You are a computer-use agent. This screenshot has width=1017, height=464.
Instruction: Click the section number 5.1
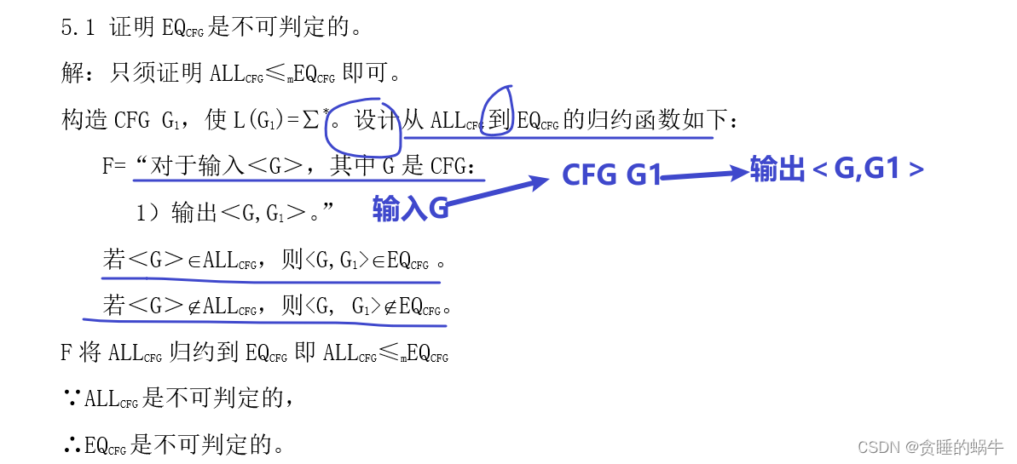[x=79, y=28]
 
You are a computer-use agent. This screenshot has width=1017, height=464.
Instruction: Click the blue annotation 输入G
[x=410, y=209]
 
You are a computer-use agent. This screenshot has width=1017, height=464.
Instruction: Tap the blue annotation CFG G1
[x=611, y=175]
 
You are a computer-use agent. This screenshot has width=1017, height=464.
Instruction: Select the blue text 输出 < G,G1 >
[x=836, y=170]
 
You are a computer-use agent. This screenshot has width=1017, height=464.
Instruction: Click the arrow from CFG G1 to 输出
[x=703, y=175]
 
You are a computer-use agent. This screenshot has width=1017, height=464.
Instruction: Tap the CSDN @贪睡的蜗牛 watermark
[x=930, y=448]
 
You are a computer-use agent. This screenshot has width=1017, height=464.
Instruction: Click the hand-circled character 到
[x=497, y=121]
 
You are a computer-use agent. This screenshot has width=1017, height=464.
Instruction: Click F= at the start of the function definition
[x=114, y=166]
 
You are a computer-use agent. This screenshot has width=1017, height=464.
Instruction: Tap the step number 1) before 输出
[x=148, y=214]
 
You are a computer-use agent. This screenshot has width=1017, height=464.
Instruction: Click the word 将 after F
[x=91, y=352]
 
